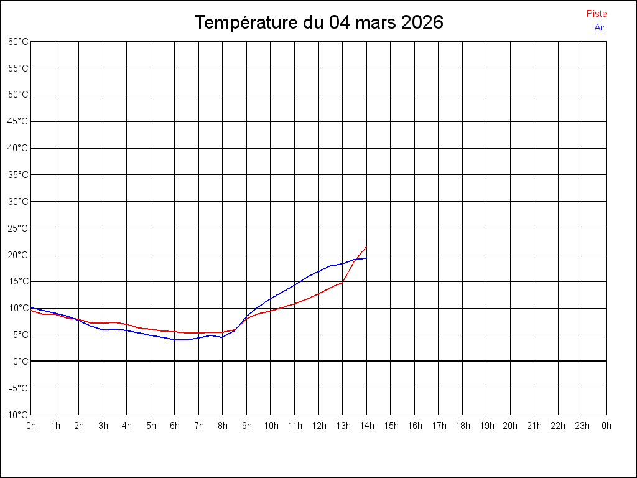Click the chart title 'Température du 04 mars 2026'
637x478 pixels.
point(318,22)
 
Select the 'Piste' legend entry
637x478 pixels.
point(597,14)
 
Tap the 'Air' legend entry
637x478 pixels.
point(600,27)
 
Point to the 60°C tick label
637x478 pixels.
point(19,42)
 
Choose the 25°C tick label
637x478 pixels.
point(19,228)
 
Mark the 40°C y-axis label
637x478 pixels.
point(19,148)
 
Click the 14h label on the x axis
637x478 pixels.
point(367,426)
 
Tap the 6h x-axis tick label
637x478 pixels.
point(175,426)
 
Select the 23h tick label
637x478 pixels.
point(582,426)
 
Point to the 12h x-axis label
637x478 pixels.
point(319,426)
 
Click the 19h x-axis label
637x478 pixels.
point(486,426)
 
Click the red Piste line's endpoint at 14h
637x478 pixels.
point(366,246)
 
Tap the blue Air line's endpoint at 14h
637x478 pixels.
point(366,258)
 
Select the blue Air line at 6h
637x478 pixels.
point(175,340)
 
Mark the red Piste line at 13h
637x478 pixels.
point(342,282)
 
